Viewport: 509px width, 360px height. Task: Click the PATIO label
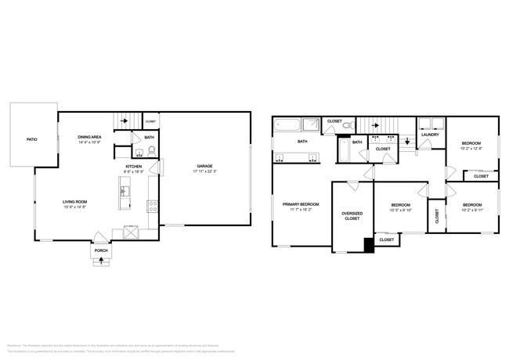point(32,139)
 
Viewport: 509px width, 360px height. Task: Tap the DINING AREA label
point(89,137)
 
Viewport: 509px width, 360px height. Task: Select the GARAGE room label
point(205,166)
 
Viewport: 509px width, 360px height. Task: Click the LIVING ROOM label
point(75,202)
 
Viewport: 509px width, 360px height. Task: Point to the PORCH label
point(100,251)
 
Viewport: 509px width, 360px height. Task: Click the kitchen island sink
point(123,189)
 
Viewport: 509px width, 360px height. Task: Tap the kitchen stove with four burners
point(153,207)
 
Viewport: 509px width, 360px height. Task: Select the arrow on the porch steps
point(100,262)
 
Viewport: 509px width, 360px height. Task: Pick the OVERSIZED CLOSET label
point(352,216)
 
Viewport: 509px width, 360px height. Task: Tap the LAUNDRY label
point(430,135)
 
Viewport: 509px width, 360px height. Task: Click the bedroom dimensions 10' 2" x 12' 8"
point(471,149)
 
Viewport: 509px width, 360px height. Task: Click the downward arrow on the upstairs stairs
point(406,142)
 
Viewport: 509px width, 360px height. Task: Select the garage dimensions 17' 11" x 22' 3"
point(205,171)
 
